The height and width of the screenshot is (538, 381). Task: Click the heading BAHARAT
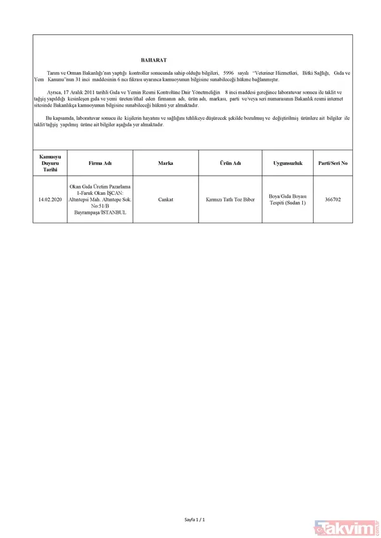point(154,60)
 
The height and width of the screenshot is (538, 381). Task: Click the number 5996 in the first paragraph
point(229,74)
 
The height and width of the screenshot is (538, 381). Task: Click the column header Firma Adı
point(100,163)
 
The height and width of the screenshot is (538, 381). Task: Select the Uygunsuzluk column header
point(288,163)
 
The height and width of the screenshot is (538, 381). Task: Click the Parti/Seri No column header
point(333,163)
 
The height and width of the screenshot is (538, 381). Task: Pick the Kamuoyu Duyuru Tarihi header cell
point(50,163)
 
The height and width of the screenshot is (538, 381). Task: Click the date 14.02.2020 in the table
point(50,199)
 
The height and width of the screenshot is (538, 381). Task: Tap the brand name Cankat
point(166,199)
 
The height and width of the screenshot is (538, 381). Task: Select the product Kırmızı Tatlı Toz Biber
point(230,199)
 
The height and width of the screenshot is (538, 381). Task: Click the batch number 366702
point(333,199)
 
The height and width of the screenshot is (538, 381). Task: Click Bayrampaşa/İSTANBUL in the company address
point(100,213)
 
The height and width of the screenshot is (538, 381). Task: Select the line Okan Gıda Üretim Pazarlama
point(100,186)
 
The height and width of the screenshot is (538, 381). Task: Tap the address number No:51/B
point(100,206)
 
